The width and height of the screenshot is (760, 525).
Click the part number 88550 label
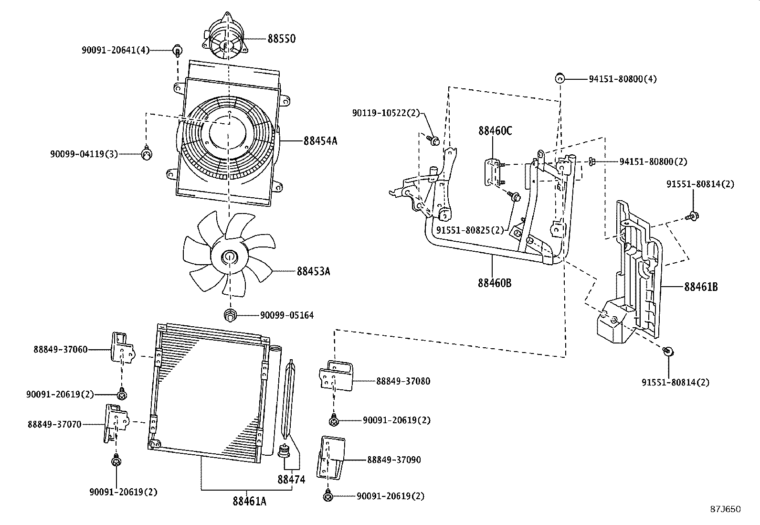coord(281,39)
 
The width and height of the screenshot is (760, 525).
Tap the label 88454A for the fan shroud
coord(320,141)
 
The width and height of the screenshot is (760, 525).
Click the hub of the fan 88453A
coord(229,258)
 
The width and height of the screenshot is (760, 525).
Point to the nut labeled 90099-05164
coord(230,315)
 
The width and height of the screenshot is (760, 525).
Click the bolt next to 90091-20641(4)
coord(178,50)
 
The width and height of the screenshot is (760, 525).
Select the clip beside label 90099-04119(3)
coord(147,153)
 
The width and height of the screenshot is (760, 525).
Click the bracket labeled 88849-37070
coord(114,422)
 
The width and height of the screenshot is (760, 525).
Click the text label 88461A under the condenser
coord(250,501)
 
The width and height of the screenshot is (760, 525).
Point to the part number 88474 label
coord(291,480)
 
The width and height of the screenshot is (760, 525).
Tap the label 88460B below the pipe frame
coord(495,283)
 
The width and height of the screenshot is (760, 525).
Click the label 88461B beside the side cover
coord(701,287)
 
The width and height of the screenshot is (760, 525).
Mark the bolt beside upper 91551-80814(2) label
coord(693,216)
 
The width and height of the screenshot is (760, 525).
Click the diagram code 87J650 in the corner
coord(725,509)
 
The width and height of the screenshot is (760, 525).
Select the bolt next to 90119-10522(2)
coord(433,140)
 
